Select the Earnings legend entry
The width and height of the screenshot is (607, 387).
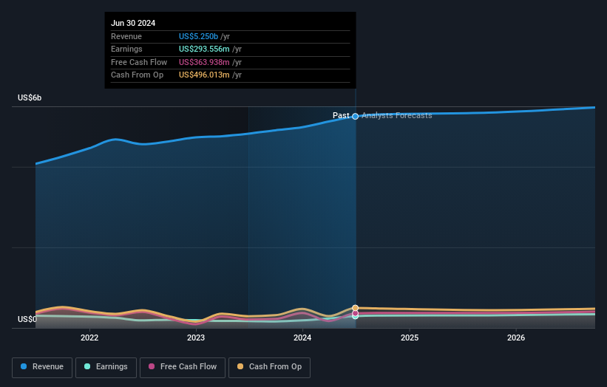[105, 367]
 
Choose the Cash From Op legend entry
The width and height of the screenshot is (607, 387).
[269, 367]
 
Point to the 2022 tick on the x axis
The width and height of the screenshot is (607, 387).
[89, 338]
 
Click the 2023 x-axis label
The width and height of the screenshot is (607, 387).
[196, 338]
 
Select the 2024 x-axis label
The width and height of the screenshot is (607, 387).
[302, 338]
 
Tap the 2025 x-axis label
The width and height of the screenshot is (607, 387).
[410, 338]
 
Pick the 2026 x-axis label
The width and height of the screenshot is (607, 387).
[516, 338]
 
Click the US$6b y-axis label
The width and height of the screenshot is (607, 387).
[30, 98]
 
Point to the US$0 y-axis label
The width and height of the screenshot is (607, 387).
[27, 319]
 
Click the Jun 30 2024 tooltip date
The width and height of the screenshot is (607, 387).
[133, 24]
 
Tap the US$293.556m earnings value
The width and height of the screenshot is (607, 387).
[204, 49]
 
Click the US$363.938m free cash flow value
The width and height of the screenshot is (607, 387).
[204, 62]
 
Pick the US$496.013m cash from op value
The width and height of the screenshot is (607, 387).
[204, 75]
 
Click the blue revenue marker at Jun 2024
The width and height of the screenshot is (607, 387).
[356, 116]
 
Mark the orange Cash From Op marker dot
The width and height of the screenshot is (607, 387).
[356, 308]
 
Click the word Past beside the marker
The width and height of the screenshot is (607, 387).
[341, 116]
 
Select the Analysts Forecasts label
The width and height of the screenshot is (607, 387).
[397, 116]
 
